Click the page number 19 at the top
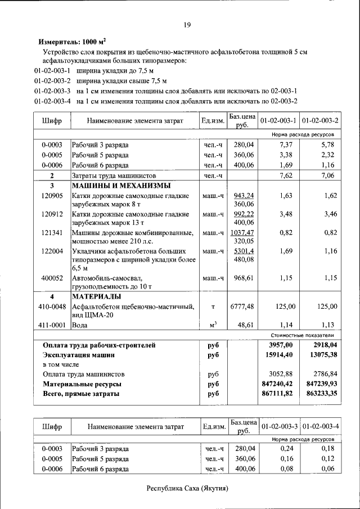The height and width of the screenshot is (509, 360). (187, 24)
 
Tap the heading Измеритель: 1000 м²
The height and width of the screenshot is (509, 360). (71, 42)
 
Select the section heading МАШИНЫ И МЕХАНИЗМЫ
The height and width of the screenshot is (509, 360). (121, 186)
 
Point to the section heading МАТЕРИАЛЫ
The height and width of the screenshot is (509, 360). (96, 296)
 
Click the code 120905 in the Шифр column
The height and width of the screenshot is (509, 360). (52, 196)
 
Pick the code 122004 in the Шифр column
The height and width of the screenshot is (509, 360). (52, 251)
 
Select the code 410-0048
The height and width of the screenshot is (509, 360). (52, 307)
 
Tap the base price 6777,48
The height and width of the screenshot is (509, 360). (242, 307)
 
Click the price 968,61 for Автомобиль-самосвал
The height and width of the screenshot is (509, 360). (242, 278)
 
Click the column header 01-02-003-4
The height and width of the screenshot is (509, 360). (321, 427)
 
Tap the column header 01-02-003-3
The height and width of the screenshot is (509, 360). (279, 427)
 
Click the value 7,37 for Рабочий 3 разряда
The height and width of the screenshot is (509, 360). (287, 145)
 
